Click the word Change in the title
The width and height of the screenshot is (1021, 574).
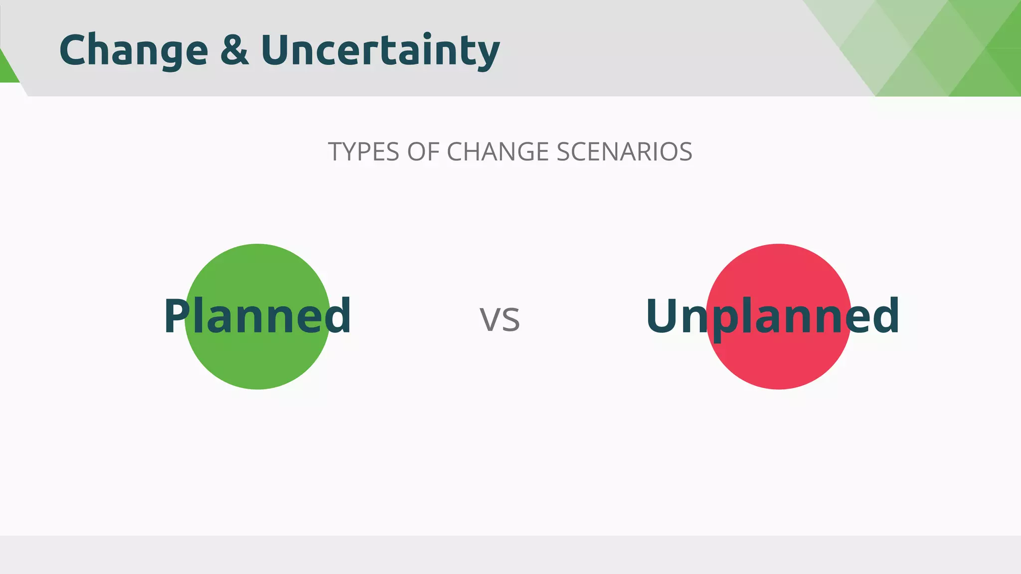coord(134,50)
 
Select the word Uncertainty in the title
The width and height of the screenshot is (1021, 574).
coord(380,50)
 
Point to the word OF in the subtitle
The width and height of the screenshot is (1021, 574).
coord(423,152)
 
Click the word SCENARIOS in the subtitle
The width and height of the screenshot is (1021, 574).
coord(624,152)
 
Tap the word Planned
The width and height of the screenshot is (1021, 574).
coord(257,316)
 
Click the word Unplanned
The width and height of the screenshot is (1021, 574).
coord(773,316)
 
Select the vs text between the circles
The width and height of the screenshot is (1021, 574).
coord(500,319)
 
